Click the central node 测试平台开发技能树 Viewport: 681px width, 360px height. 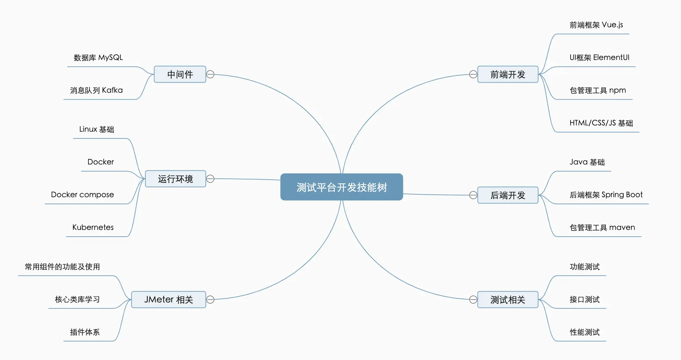pyautogui.click(x=342, y=187)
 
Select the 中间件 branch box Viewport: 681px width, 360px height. pyautogui.click(x=180, y=74)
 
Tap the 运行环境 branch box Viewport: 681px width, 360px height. pyautogui.click(x=175, y=179)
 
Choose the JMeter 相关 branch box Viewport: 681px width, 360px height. pyautogui.click(x=169, y=300)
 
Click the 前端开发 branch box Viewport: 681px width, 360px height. pyautogui.click(x=508, y=74)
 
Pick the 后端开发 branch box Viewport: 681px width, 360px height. pyautogui.click(x=508, y=195)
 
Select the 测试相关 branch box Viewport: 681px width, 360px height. pyautogui.click(x=508, y=300)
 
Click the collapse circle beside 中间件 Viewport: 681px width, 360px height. pyautogui.click(x=211, y=74)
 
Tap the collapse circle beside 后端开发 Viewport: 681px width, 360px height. pyautogui.click(x=473, y=195)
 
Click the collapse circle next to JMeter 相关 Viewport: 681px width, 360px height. pyautogui.click(x=211, y=300)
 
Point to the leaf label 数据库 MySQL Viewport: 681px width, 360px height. pyautogui.click(x=98, y=57)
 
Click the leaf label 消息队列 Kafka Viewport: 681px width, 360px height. pyautogui.click(x=97, y=90)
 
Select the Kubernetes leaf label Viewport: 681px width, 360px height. pyautogui.click(x=93, y=227)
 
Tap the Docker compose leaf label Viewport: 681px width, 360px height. pyautogui.click(x=83, y=195)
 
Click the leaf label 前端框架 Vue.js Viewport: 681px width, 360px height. pyautogui.click(x=596, y=25)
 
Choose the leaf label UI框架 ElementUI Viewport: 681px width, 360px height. pyautogui.click(x=600, y=57)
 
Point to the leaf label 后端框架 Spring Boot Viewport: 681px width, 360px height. pyautogui.click(x=606, y=195)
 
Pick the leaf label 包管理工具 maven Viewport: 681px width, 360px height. pyautogui.click(x=602, y=227)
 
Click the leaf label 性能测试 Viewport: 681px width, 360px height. pyautogui.click(x=584, y=332)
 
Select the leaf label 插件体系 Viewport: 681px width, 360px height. pyautogui.click(x=85, y=332)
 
